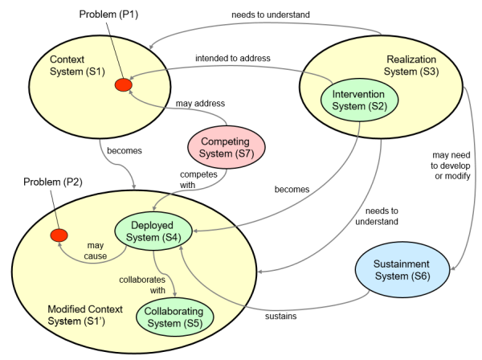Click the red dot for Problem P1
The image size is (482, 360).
(x=124, y=85)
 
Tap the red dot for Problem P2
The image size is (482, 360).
(x=59, y=235)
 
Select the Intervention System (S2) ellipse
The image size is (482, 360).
(x=359, y=100)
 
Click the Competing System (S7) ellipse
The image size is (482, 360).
(x=227, y=147)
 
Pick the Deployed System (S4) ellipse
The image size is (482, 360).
(x=153, y=231)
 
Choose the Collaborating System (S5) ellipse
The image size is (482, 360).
(x=174, y=317)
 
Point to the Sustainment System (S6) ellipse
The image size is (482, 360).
(x=402, y=270)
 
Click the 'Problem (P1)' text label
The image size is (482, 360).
(x=108, y=14)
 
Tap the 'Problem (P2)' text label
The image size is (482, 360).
(x=53, y=182)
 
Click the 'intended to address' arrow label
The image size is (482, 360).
(x=233, y=58)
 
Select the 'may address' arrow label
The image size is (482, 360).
(x=200, y=104)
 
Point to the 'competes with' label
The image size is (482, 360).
(x=198, y=179)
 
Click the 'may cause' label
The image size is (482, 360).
(x=96, y=251)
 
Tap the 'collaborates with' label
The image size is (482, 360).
(x=142, y=284)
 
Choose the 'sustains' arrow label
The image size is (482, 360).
(x=280, y=316)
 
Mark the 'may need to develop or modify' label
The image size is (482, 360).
(x=451, y=166)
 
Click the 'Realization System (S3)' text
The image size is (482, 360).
(x=411, y=65)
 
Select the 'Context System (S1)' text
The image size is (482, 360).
(x=77, y=65)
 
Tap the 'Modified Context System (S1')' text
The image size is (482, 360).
(x=85, y=315)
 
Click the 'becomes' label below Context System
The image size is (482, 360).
(x=125, y=150)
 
